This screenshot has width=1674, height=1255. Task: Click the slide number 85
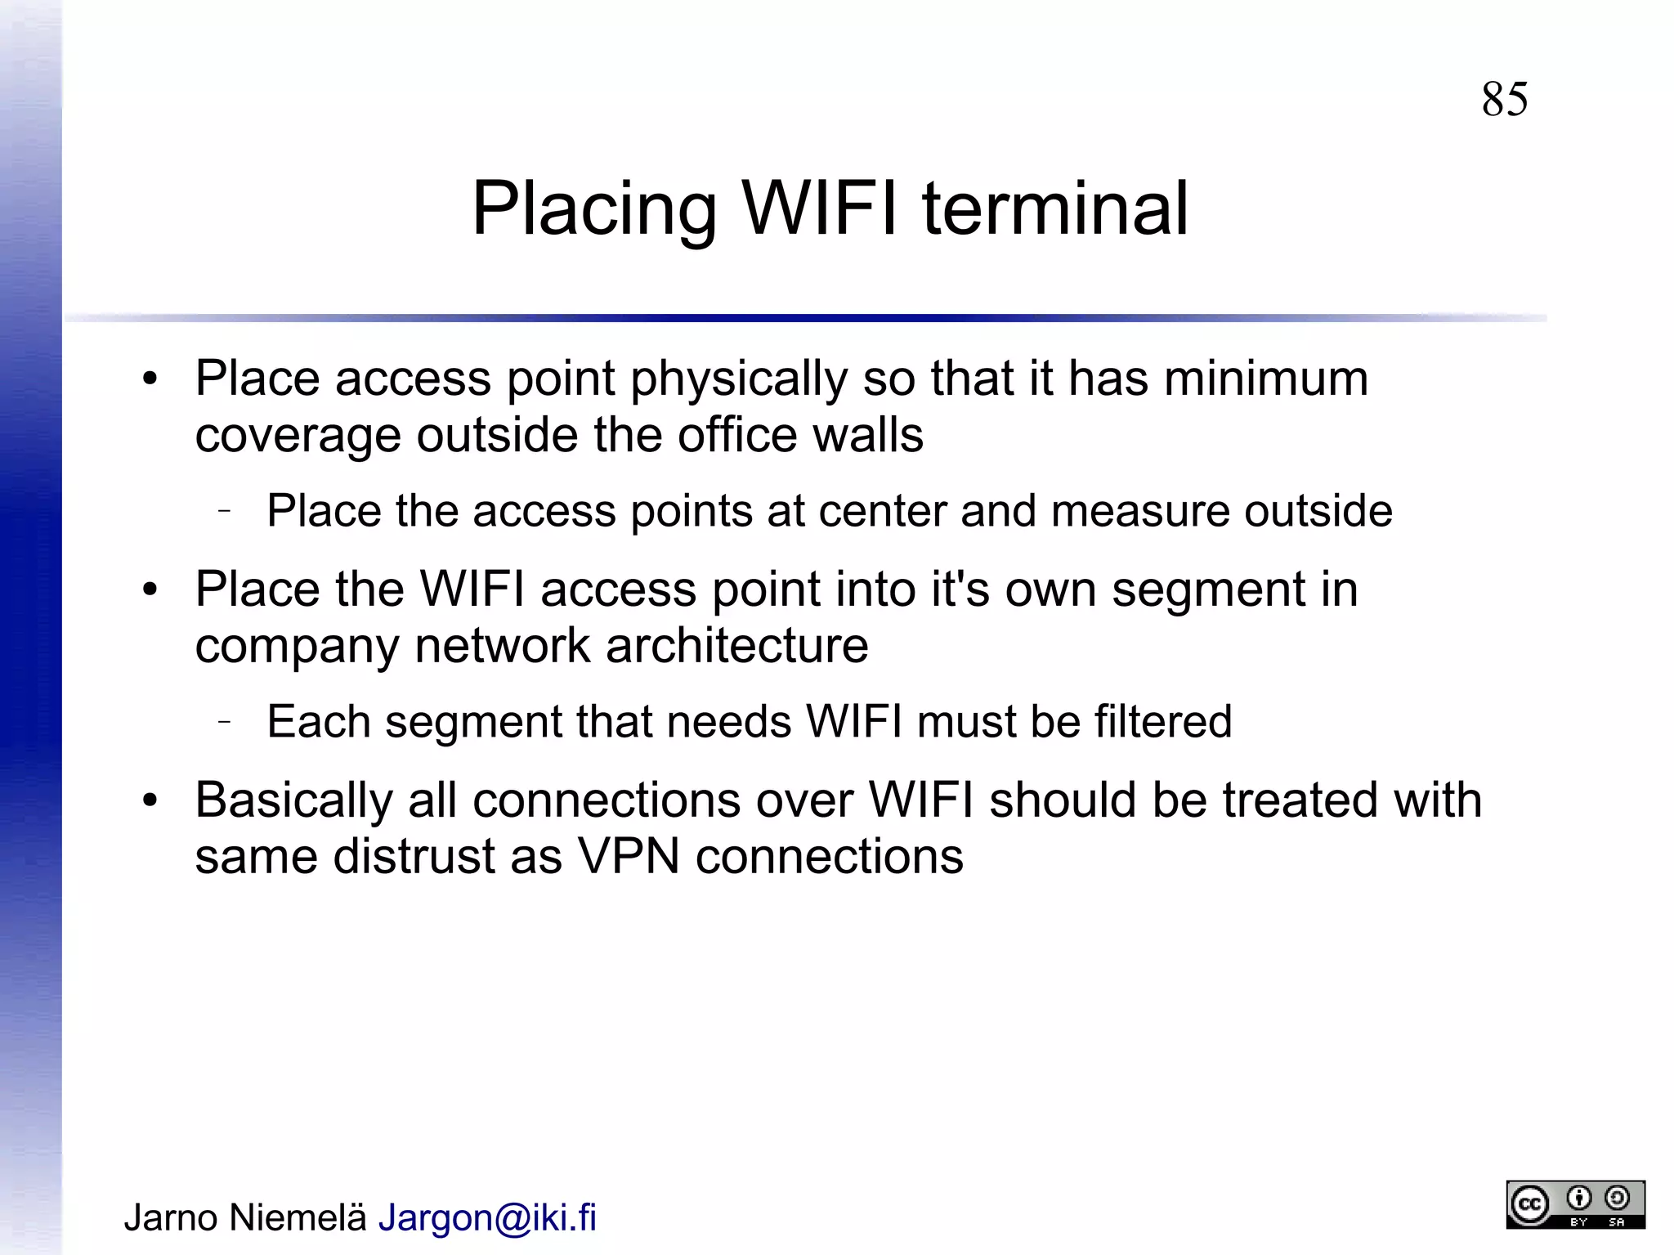point(1504,100)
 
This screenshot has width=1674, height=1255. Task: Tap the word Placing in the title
point(594,211)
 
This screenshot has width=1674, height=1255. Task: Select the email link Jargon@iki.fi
point(487,1217)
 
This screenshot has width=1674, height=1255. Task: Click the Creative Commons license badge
point(1575,1204)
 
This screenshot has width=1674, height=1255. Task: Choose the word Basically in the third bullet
point(293,801)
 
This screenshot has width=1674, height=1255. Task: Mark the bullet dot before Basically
point(150,800)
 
